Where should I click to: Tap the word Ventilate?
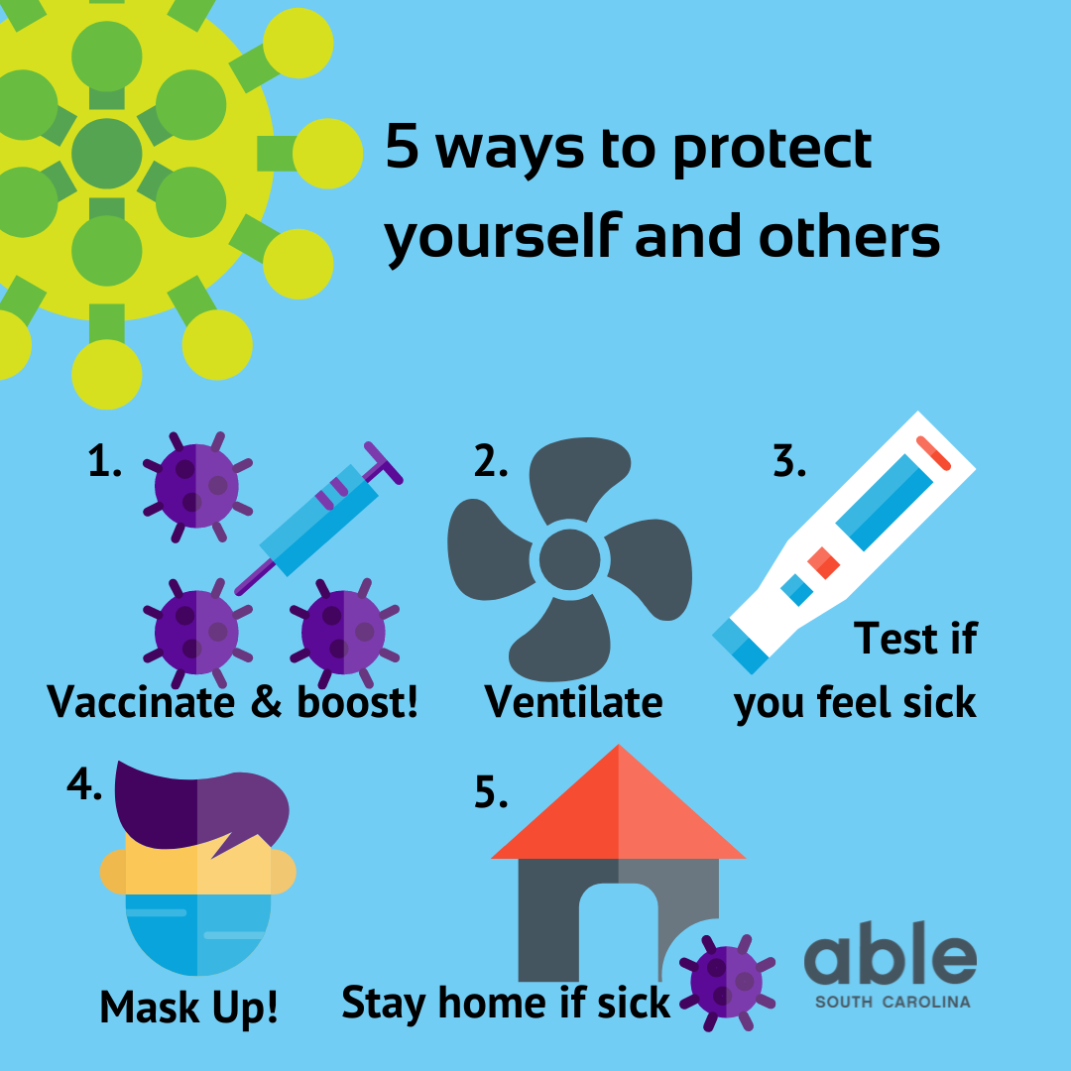click(x=573, y=702)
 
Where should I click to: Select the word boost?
click(x=358, y=702)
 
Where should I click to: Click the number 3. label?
click(x=789, y=462)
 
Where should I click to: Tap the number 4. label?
click(x=85, y=783)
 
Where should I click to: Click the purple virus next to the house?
click(x=728, y=981)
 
